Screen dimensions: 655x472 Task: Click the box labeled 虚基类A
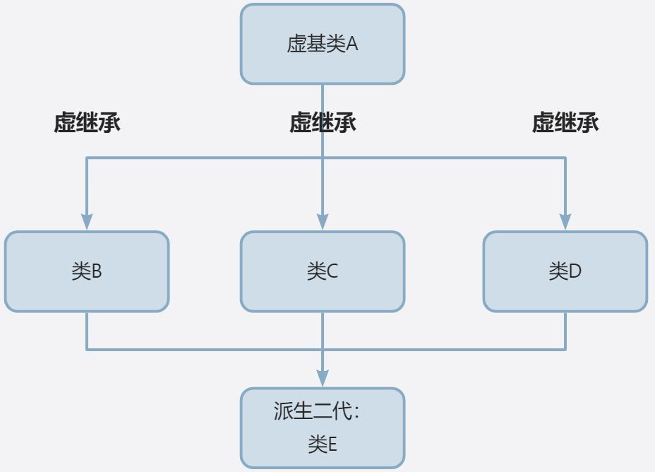point(323,44)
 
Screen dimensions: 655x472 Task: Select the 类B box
point(87,271)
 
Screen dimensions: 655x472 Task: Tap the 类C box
point(323,271)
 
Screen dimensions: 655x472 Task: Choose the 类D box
point(565,271)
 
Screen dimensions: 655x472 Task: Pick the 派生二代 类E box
point(323,428)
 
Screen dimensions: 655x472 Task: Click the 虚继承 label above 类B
point(87,122)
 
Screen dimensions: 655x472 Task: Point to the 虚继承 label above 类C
point(323,122)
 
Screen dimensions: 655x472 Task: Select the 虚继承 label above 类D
point(565,122)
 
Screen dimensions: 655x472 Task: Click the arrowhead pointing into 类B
point(87,222)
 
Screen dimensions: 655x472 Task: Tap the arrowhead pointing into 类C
point(323,222)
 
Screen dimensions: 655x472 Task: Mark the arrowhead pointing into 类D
point(565,222)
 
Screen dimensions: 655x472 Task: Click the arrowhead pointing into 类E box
point(323,378)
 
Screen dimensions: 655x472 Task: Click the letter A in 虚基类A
point(352,44)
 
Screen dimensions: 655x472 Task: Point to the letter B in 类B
point(97,271)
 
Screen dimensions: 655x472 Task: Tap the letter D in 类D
point(575,271)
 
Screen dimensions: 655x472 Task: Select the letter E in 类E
point(332,444)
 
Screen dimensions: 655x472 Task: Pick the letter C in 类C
point(332,271)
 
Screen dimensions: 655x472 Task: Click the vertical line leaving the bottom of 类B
point(87,331)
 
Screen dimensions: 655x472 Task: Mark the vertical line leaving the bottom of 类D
point(565,331)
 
